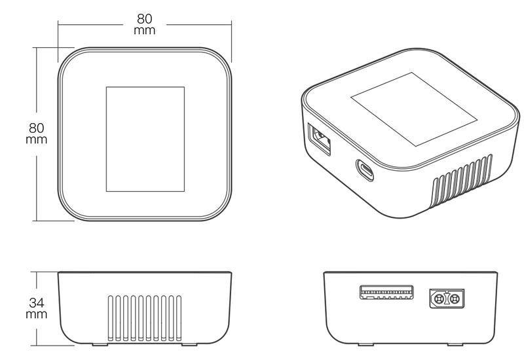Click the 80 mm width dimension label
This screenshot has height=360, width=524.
[144, 24]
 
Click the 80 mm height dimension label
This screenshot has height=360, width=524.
[37, 134]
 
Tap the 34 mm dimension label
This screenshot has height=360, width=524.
[37, 308]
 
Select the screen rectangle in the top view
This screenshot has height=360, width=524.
[145, 139]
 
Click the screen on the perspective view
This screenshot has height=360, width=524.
[414, 109]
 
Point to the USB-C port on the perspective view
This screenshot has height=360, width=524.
[365, 170]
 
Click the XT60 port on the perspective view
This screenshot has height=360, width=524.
[319, 139]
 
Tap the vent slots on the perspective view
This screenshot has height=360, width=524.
[462, 181]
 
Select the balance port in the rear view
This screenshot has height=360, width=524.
[386, 292]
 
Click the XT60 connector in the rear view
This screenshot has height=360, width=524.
[447, 298]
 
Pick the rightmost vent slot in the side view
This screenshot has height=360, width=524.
[179, 318]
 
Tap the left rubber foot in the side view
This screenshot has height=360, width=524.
[100, 345]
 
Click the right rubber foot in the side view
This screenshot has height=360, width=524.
[189, 345]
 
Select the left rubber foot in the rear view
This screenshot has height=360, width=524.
[366, 345]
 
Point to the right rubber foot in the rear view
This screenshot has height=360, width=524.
[455, 345]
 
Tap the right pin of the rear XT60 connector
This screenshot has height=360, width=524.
[455, 299]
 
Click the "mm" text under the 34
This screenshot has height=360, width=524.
[37, 315]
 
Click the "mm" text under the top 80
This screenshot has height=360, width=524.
[144, 31]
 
